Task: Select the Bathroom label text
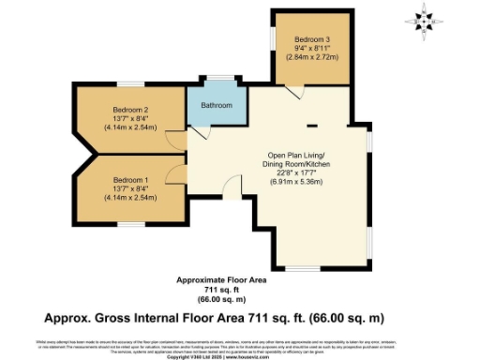coord(214,106)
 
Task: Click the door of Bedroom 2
coord(176,142)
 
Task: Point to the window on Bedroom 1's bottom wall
coord(131,223)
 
